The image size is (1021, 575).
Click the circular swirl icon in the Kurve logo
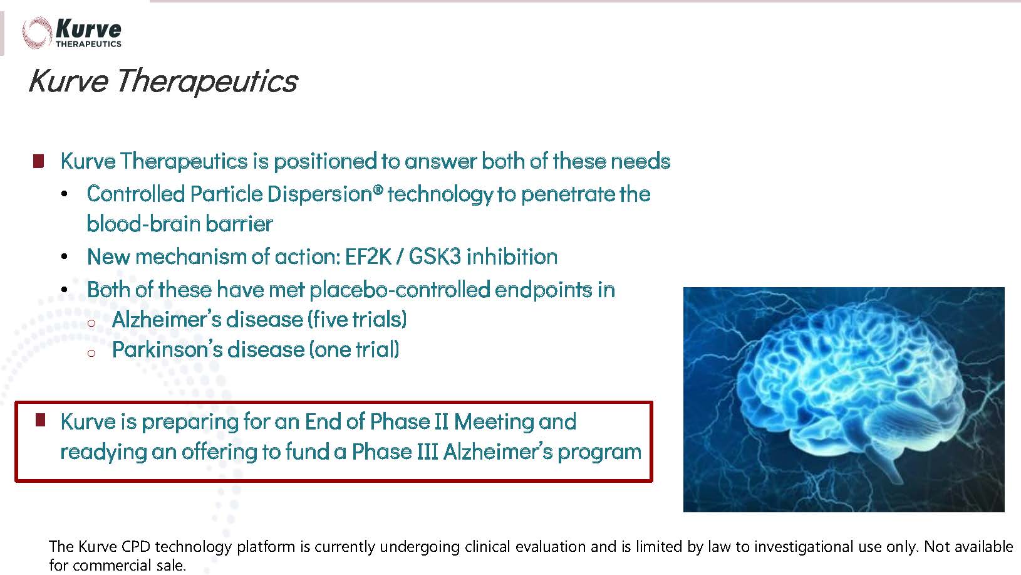[x=36, y=33]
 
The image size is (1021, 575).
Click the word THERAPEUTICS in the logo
[x=88, y=44]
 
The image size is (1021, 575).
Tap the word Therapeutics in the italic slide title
[x=207, y=81]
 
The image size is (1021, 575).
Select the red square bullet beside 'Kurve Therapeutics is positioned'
[x=38, y=161]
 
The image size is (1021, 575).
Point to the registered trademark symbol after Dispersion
[x=378, y=189]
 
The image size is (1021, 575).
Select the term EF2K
[x=368, y=256]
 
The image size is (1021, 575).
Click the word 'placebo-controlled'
[x=400, y=289]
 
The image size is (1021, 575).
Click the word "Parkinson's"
[x=167, y=349]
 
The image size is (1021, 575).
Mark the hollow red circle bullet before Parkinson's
[x=91, y=353]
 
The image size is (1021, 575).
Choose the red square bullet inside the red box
[x=40, y=420]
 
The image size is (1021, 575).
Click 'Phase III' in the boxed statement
[x=395, y=451]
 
